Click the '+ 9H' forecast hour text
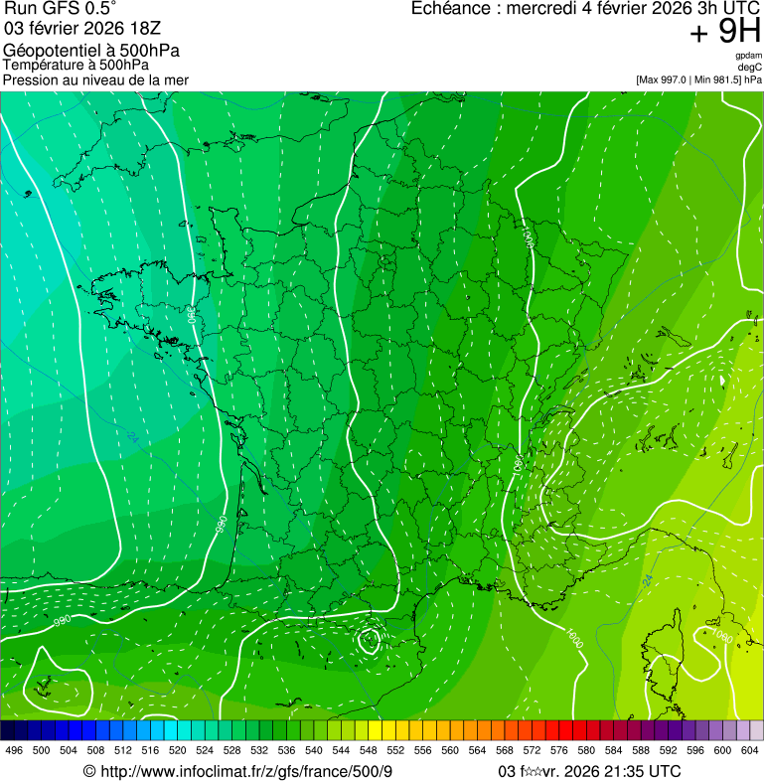[x=725, y=33]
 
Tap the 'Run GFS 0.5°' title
[x=61, y=10]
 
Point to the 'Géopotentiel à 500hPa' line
[x=91, y=51]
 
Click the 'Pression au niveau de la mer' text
[x=95, y=79]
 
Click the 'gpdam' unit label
[x=747, y=56]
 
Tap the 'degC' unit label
[x=750, y=67]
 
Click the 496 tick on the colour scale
[x=13, y=750]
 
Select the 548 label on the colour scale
[x=367, y=750]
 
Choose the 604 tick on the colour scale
[x=749, y=750]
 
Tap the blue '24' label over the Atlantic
[x=132, y=436]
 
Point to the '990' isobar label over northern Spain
[x=62, y=621]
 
